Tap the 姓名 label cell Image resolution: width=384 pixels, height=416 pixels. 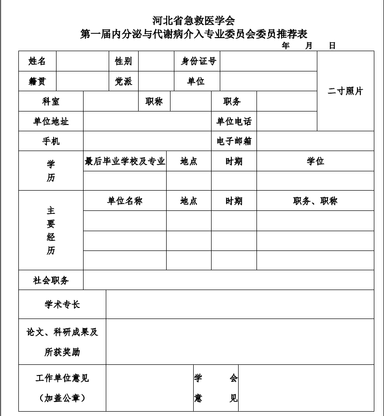pyautogui.click(x=37, y=61)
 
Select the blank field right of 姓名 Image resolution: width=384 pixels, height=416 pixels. pyautogui.click(x=82, y=61)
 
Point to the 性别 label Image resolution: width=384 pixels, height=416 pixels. pyautogui.click(x=123, y=61)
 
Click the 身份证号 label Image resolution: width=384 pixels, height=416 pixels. pyautogui.click(x=198, y=61)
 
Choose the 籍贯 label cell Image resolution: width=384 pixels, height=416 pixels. pyautogui.click(x=37, y=82)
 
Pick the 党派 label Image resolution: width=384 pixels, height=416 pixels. pyautogui.click(x=123, y=82)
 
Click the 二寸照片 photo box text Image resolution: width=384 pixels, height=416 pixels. pyautogui.click(x=345, y=91)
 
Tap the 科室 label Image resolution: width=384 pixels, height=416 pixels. pyautogui.click(x=51, y=101)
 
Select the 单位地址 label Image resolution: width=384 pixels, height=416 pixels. pyautogui.click(x=51, y=122)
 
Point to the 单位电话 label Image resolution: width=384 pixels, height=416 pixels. pyautogui.click(x=234, y=122)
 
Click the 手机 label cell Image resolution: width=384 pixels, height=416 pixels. pyautogui.click(x=51, y=141)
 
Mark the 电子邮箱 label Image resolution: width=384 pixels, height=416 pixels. pyautogui.click(x=234, y=141)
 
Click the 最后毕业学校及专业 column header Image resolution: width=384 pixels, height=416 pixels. pyautogui.click(x=125, y=161)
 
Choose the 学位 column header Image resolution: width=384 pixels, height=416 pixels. pyautogui.click(x=315, y=161)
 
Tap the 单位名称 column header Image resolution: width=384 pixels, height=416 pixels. pyautogui.click(x=125, y=201)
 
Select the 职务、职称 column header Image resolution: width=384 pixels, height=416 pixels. pyautogui.click(x=315, y=201)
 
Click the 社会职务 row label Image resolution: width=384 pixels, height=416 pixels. pyautogui.click(x=51, y=280)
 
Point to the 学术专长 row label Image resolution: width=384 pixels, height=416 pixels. pyautogui.click(x=62, y=305)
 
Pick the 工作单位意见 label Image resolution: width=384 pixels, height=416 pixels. pyautogui.click(x=62, y=378)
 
